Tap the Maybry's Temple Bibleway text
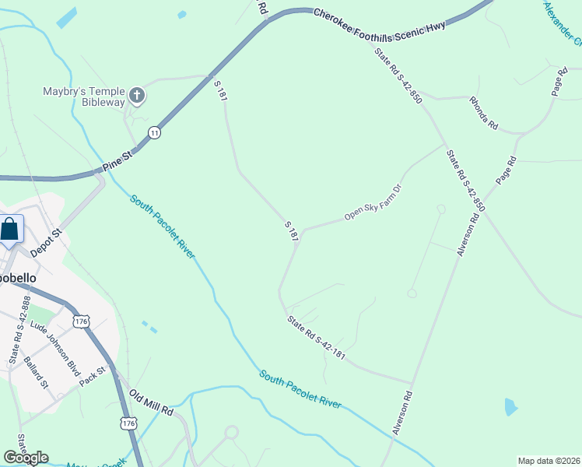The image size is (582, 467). (83, 97)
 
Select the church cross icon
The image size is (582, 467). (137, 97)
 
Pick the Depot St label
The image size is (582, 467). (46, 244)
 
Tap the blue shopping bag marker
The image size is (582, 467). (10, 230)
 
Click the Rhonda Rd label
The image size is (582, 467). (483, 114)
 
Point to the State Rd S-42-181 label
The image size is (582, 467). (316, 338)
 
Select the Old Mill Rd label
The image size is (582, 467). (151, 405)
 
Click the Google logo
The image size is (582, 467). (26, 457)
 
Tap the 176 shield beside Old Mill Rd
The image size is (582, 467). (128, 423)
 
